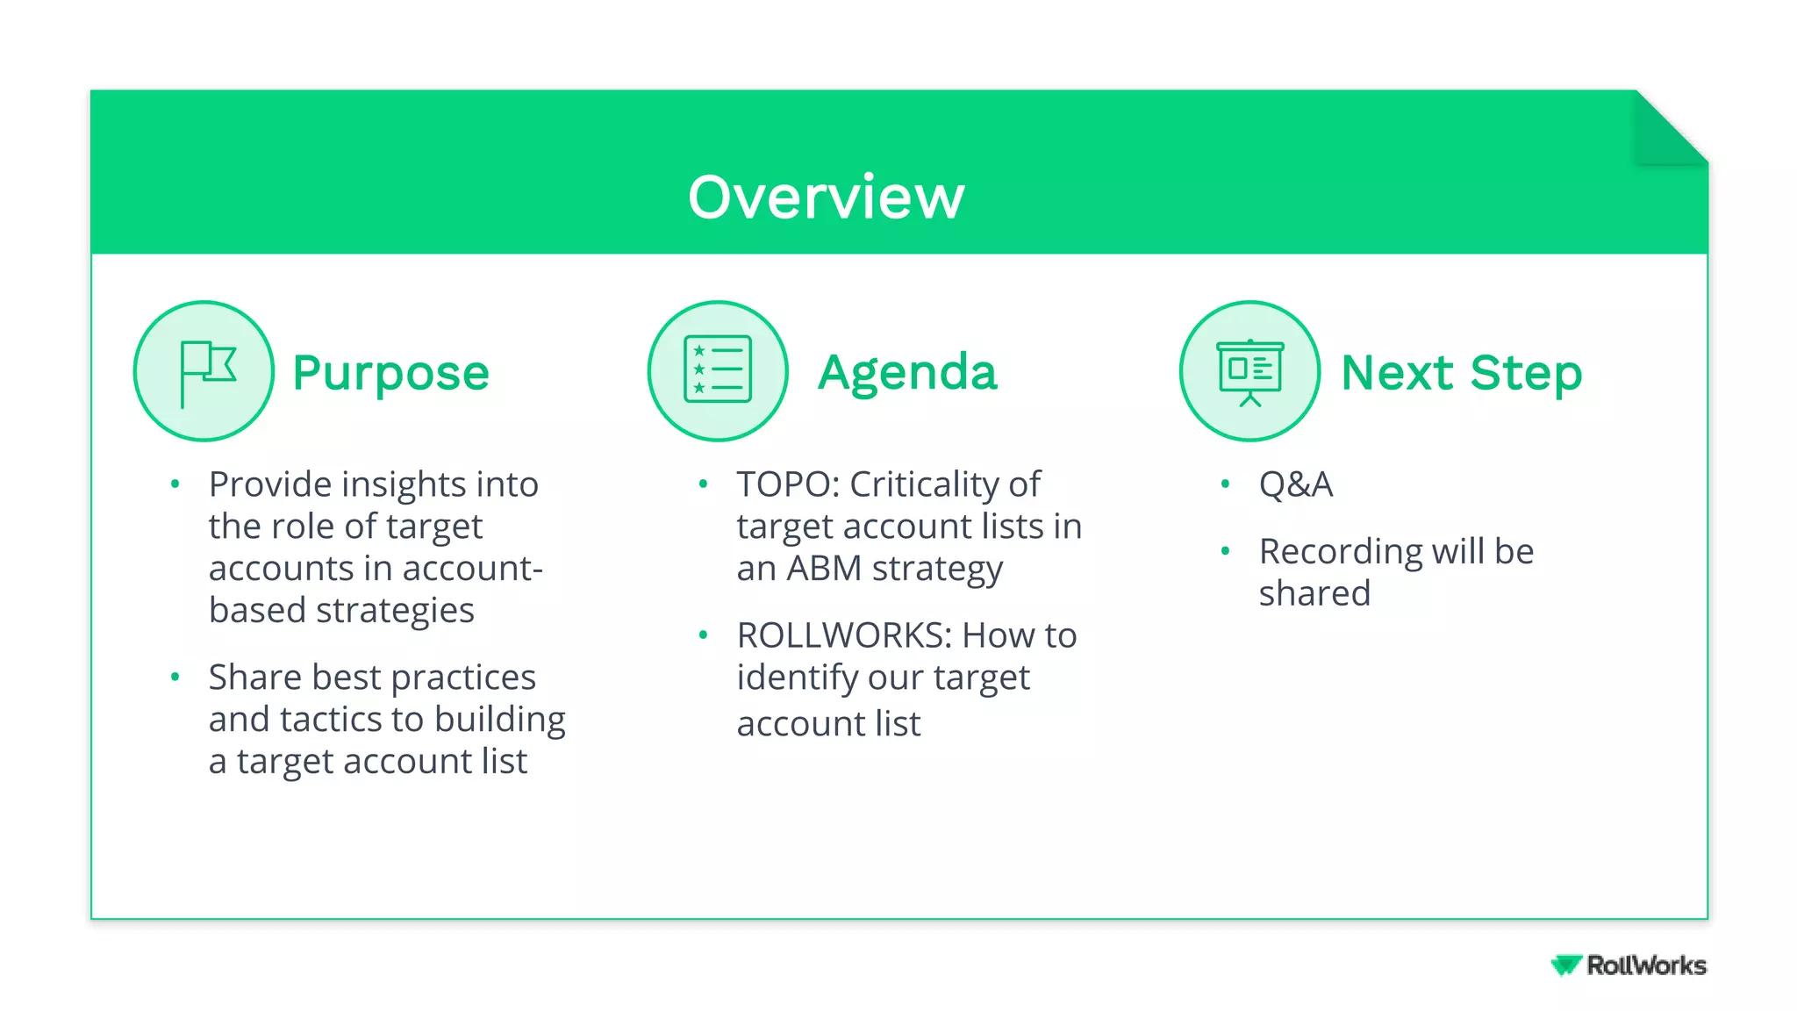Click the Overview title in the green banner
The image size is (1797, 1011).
(826, 197)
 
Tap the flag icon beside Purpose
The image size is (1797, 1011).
(204, 371)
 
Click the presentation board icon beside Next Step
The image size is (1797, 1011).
(1249, 371)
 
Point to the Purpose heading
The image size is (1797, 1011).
(390, 373)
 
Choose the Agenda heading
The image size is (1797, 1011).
(907, 373)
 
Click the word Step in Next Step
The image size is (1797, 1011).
(1526, 373)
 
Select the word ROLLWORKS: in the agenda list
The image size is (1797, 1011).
(844, 635)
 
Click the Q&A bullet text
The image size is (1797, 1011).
(1296, 484)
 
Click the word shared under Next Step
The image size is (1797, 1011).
(1314, 594)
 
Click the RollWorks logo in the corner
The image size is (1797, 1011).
(1629, 965)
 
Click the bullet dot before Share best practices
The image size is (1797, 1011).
(175, 677)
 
